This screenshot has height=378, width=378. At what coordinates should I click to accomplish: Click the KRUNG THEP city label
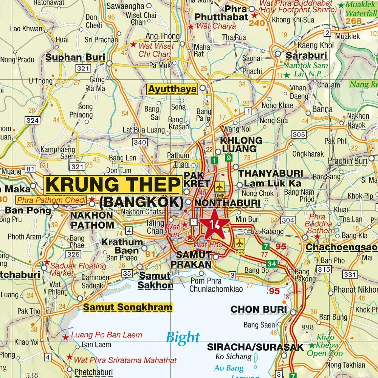(112, 185)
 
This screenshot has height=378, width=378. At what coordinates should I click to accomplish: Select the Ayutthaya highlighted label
(172, 90)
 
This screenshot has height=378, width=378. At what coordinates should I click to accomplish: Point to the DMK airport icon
(219, 187)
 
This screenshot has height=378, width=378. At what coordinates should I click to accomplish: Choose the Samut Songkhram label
(127, 307)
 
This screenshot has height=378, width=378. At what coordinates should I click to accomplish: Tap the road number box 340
(140, 142)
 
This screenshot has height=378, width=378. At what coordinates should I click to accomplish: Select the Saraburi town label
(306, 55)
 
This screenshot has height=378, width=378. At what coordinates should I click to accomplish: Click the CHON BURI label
(259, 310)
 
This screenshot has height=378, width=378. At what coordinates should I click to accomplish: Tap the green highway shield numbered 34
(271, 263)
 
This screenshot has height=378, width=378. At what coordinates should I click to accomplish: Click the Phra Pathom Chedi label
(52, 199)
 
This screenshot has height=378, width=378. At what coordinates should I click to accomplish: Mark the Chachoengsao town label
(341, 247)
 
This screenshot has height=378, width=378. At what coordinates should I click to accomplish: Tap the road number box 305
(299, 135)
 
